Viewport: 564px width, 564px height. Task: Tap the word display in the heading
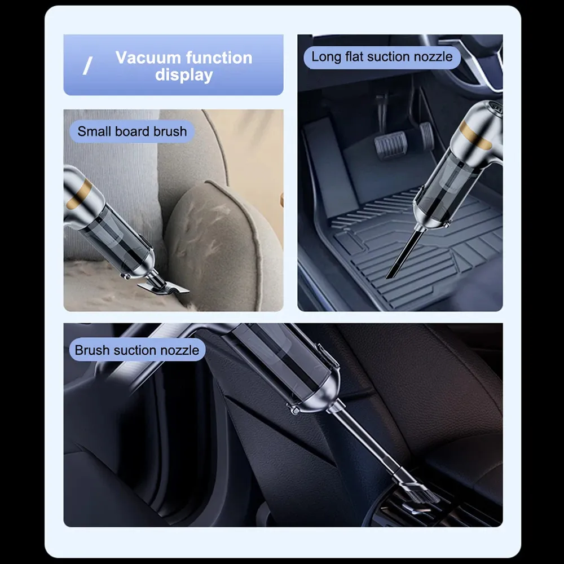[x=184, y=75]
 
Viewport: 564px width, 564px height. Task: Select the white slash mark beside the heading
[x=87, y=66]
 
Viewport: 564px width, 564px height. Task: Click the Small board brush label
[x=132, y=131]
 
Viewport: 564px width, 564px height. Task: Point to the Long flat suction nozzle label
[x=382, y=57]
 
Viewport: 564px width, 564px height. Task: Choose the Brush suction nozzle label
[x=137, y=350]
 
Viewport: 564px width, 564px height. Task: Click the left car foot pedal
[x=391, y=144]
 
